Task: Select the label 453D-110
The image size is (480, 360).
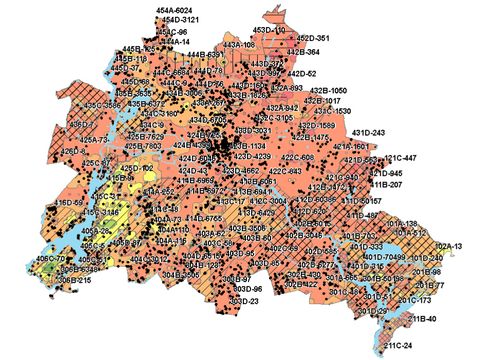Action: tap(268, 31)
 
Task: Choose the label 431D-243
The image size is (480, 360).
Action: tap(366, 133)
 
